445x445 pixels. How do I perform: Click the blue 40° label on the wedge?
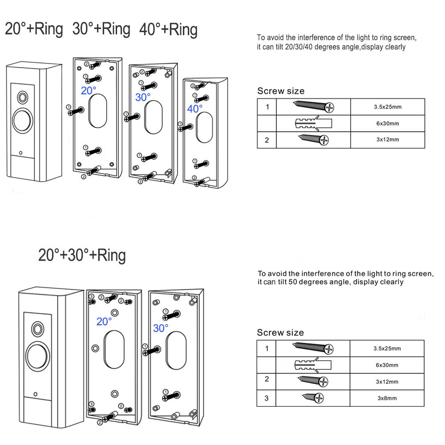coord(194,108)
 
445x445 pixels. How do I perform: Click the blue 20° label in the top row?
coord(88,91)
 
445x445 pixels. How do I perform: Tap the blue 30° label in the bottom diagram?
coord(160,328)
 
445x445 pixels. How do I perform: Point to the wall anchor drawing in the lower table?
coord(313,365)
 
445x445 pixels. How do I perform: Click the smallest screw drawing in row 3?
coord(313,397)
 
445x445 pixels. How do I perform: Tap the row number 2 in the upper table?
coord(267,140)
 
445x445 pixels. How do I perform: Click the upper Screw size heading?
coord(281,91)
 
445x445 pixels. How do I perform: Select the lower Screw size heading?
coord(281,332)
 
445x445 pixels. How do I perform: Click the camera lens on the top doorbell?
coord(22,97)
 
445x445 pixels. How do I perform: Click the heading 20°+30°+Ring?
coord(82,256)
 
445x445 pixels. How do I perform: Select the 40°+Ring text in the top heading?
coord(168,30)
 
